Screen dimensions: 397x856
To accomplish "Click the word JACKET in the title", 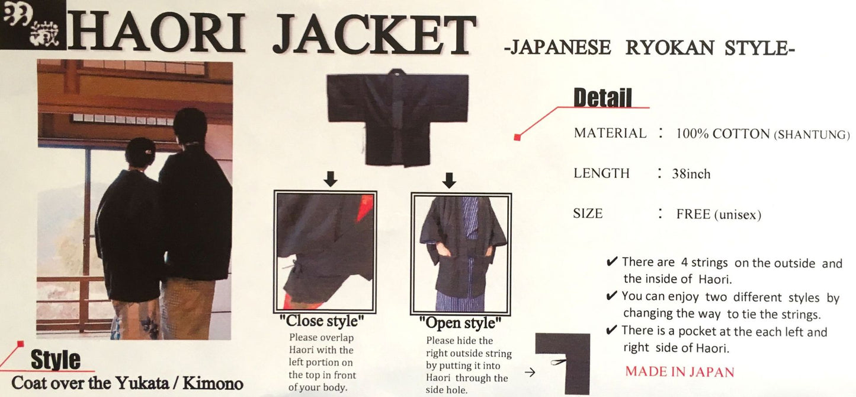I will [x=374, y=34].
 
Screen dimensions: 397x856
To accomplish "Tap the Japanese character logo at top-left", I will [x=32, y=24].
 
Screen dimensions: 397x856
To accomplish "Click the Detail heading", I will [x=602, y=97].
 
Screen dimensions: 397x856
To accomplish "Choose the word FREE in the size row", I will [x=693, y=214].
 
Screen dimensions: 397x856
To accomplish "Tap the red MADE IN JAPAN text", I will [x=679, y=372].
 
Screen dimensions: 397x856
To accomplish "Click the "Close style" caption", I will [x=322, y=322].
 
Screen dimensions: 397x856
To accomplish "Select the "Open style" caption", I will [x=460, y=323].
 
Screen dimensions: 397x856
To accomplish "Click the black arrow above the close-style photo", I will [x=331, y=179].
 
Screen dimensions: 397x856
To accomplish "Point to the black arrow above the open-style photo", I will [x=449, y=180].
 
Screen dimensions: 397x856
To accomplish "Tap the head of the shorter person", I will [x=141, y=154].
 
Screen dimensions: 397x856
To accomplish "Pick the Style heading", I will [x=55, y=360].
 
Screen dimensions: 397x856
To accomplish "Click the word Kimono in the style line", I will [x=213, y=383].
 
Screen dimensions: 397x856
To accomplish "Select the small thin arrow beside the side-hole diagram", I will [x=530, y=373].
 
